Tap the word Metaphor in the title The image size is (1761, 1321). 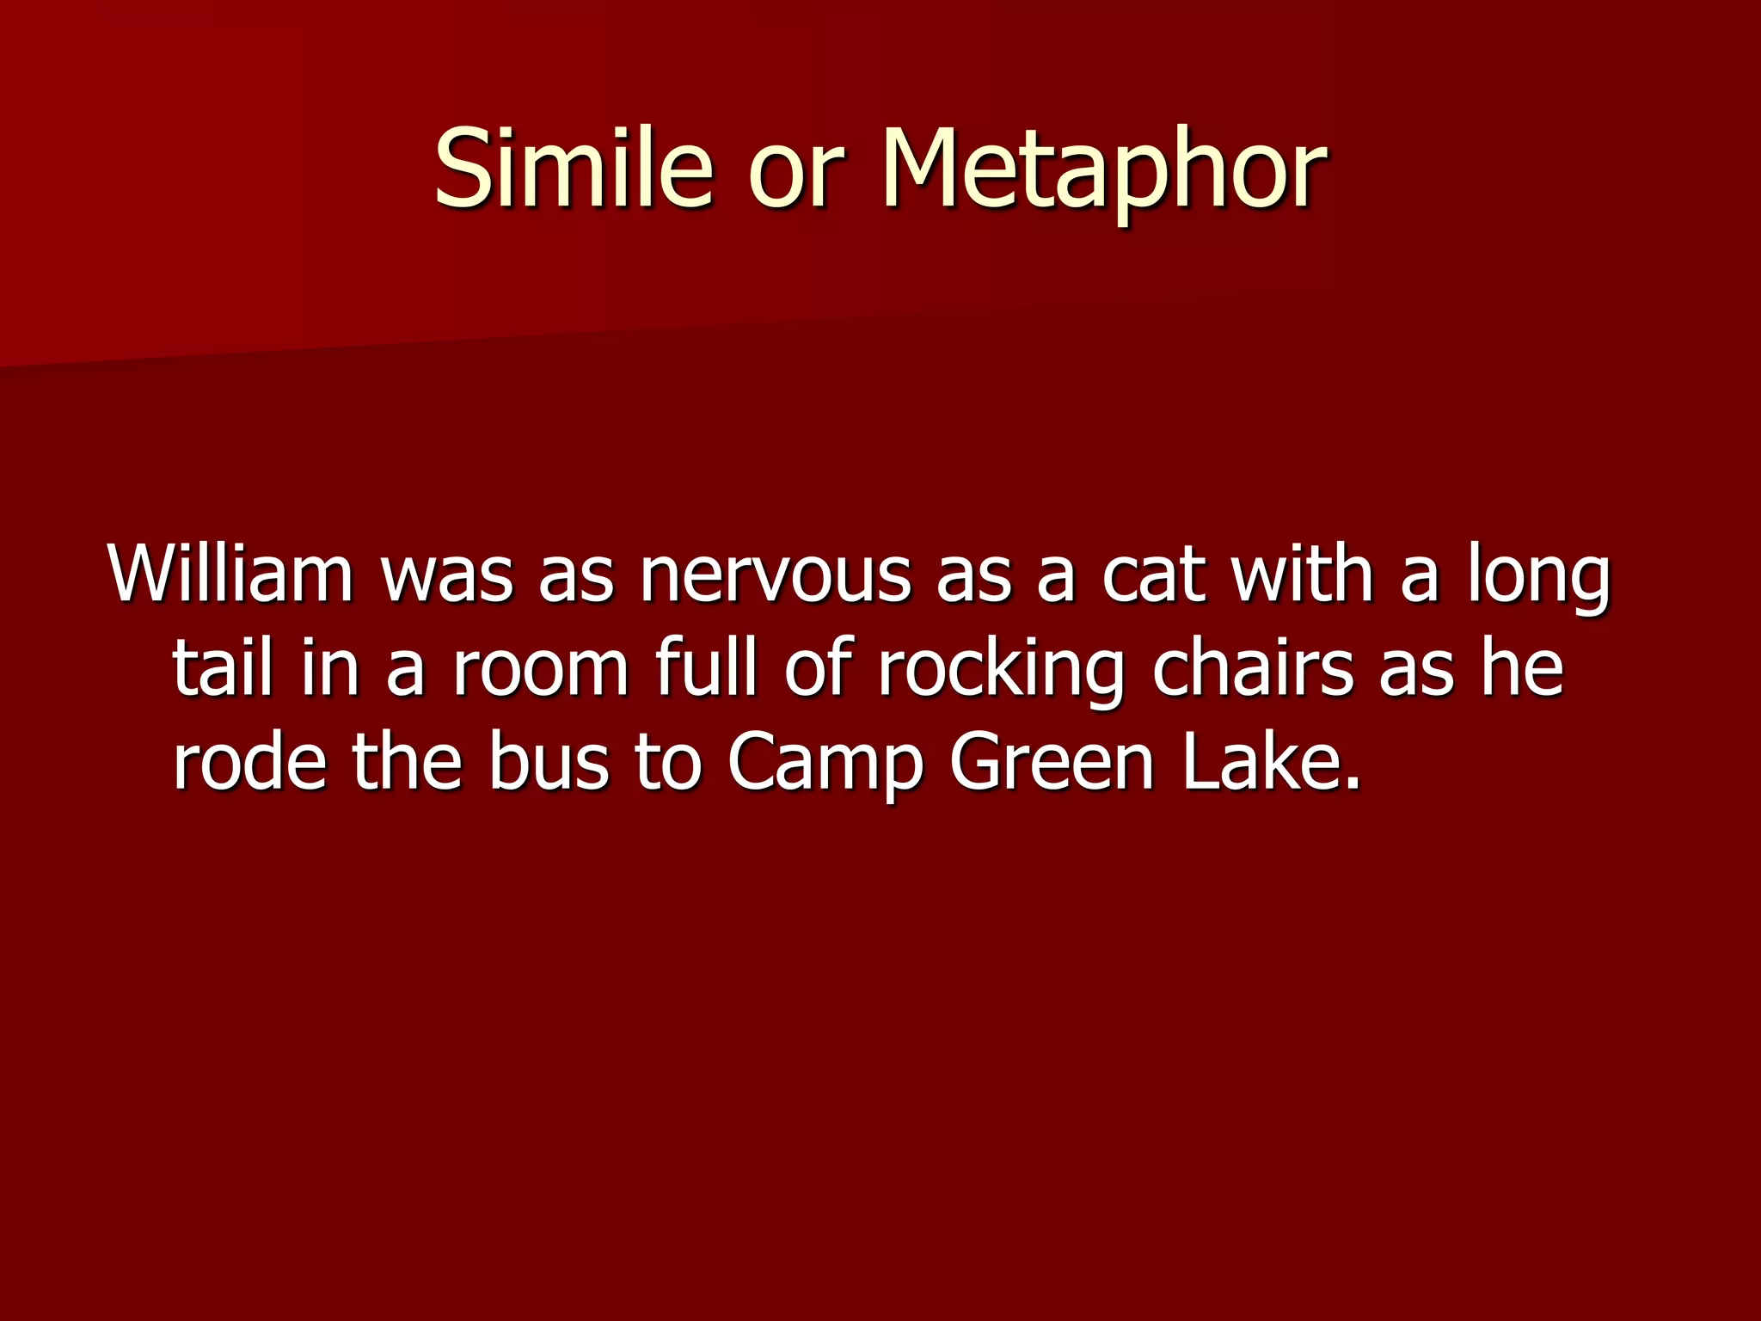click(1104, 170)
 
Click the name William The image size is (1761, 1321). click(230, 574)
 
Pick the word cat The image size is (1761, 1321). click(1152, 575)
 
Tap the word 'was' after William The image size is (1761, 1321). click(446, 578)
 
